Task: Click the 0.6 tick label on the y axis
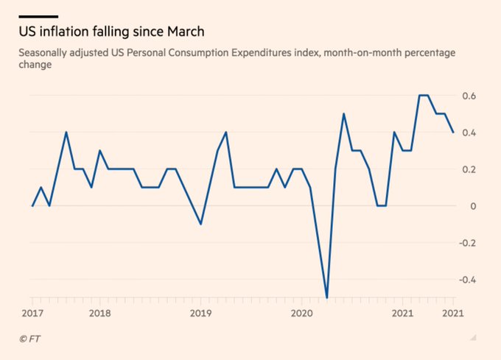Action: tap(469, 96)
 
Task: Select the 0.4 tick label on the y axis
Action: tap(469, 133)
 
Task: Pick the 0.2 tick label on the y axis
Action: tap(469, 169)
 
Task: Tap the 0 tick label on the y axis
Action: tap(473, 206)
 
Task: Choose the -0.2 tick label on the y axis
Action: tap(467, 243)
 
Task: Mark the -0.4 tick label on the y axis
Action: tap(467, 280)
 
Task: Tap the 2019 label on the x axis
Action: tap(200, 313)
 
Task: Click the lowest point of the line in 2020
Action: tap(327, 298)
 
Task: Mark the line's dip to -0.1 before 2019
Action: tap(201, 224)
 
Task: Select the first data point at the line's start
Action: tap(33, 206)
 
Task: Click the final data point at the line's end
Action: tap(453, 133)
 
